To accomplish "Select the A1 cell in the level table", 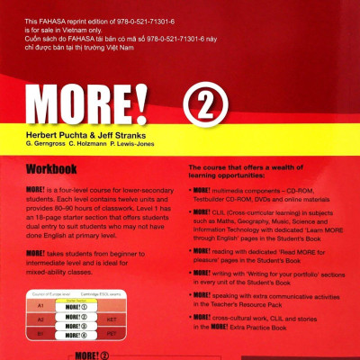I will tap(40, 305).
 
